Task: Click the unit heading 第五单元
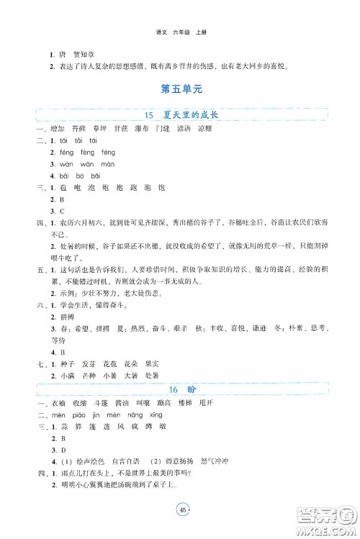(180, 90)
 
